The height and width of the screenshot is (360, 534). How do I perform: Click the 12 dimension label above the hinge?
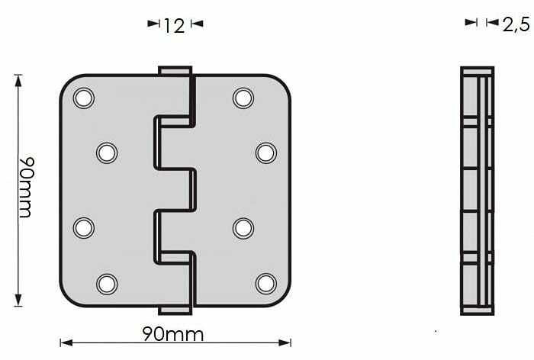(175, 25)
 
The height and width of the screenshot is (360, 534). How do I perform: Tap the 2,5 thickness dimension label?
(516, 24)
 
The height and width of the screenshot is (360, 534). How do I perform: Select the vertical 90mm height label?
(25, 188)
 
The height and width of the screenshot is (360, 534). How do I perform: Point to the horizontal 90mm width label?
(174, 334)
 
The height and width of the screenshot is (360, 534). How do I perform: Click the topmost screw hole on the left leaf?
(83, 98)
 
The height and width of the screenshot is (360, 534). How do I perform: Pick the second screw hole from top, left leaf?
(107, 153)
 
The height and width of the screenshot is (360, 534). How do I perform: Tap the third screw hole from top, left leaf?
(83, 227)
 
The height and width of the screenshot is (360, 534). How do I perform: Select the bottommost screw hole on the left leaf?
(107, 284)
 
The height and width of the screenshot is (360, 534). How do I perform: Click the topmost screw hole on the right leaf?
(243, 98)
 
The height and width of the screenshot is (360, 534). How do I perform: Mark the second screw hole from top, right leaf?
(265, 153)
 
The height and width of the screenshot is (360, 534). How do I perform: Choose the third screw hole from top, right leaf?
(243, 227)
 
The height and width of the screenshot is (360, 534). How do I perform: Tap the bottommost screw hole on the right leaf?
(265, 284)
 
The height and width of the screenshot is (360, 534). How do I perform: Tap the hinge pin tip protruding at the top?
(174, 70)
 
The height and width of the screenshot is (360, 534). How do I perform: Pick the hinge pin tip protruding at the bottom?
(174, 309)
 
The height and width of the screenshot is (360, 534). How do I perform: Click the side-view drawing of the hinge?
(477, 191)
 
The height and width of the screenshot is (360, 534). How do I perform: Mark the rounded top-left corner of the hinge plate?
(68, 82)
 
